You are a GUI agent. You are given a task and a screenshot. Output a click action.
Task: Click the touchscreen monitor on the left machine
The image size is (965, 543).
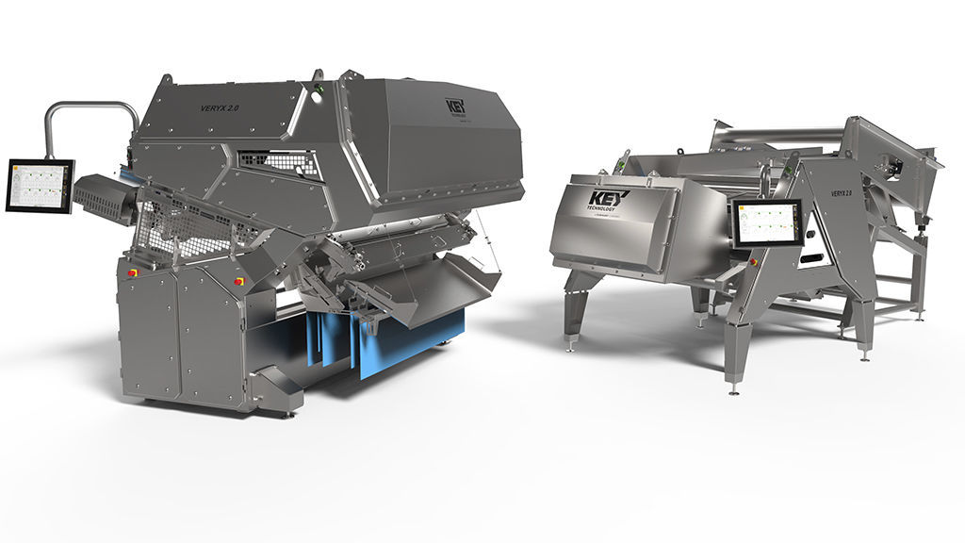pyautogui.click(x=40, y=186)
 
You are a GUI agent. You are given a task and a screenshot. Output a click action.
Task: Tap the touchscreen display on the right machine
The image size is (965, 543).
pyautogui.click(x=766, y=224)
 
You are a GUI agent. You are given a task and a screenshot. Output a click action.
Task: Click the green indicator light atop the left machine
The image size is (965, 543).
pyautogui.click(x=319, y=90)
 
